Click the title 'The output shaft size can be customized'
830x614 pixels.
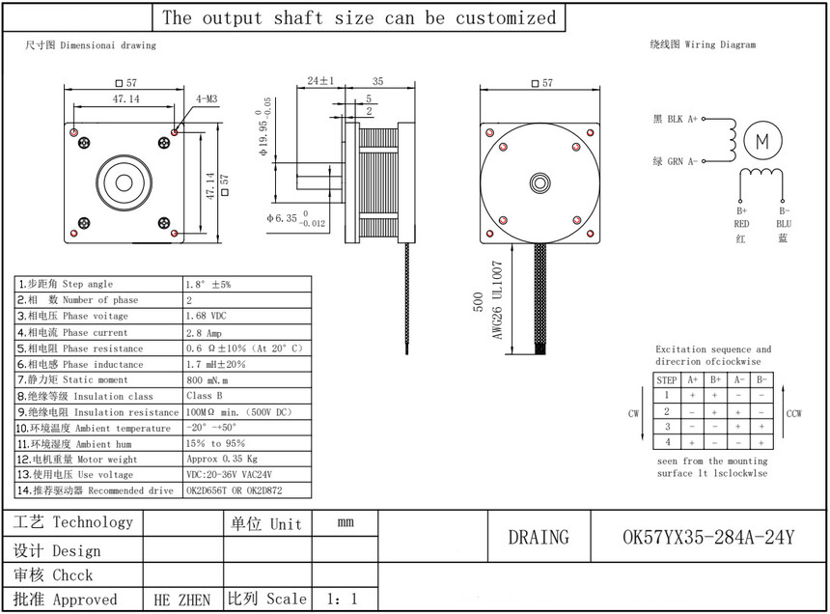[359, 18]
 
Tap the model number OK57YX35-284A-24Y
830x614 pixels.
[708, 537]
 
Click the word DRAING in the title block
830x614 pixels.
[538, 537]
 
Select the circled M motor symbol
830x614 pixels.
[762, 141]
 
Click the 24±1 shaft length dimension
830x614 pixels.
[319, 81]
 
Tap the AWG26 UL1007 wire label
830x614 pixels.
[499, 300]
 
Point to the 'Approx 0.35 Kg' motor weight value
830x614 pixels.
[221, 460]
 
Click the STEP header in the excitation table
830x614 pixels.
[667, 380]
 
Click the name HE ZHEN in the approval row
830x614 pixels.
[182, 600]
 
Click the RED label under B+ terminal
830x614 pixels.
[742, 224]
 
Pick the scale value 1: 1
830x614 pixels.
[342, 600]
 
